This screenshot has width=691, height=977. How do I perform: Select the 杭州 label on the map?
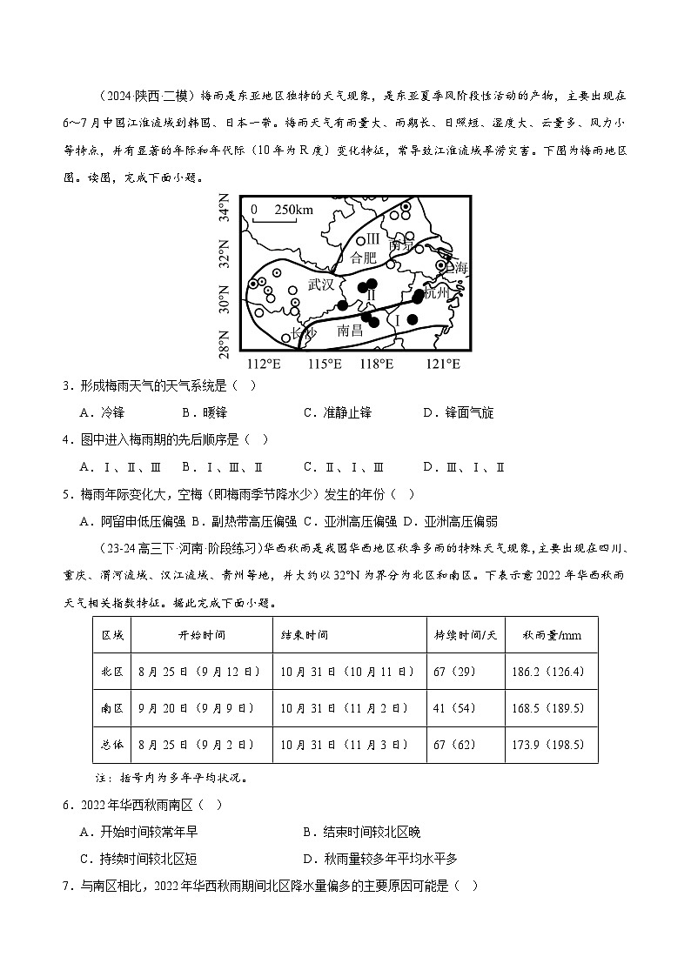(436, 293)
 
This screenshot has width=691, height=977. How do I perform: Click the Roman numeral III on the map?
(372, 238)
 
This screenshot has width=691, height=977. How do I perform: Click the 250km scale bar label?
(292, 210)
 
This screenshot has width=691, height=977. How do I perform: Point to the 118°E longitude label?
(377, 363)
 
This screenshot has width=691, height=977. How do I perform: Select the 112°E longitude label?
(265, 363)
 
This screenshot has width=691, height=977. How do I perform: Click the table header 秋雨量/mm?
(547, 635)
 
